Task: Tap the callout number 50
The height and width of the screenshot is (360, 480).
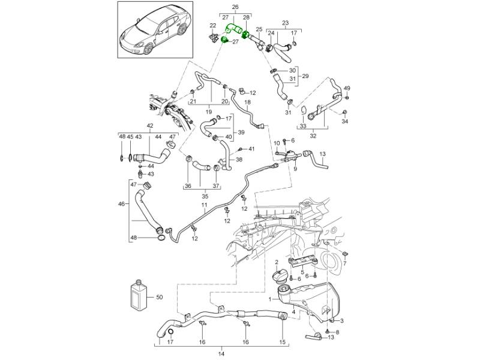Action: pos(159,296)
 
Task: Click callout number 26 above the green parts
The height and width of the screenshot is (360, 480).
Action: pos(235,8)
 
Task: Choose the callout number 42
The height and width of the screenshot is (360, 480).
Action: pos(149,126)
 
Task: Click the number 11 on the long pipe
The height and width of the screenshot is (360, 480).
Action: pos(204,206)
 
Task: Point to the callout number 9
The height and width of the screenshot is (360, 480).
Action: pos(295,169)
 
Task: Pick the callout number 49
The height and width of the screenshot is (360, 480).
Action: pos(347,88)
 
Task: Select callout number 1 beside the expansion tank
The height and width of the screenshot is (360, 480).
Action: pos(269,298)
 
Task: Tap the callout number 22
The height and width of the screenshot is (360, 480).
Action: pos(212,26)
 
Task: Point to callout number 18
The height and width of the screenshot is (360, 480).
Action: pos(247,103)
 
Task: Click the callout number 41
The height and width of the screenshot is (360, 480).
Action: pos(252,148)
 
